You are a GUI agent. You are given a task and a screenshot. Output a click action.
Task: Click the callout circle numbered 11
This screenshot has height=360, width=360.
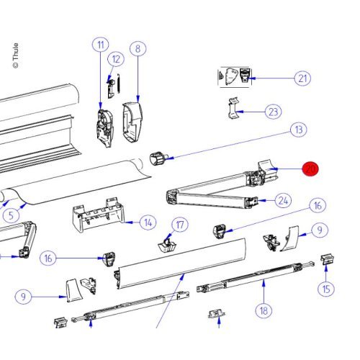point(100,45)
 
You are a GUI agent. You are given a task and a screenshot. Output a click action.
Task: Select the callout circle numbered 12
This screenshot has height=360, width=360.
point(116,58)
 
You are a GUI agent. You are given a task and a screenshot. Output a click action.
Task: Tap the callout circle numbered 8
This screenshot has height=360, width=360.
point(138,49)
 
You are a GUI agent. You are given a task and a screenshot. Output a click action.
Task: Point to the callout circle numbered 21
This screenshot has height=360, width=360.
point(302,78)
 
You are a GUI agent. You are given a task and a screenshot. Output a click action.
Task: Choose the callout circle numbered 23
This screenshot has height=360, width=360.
point(273,112)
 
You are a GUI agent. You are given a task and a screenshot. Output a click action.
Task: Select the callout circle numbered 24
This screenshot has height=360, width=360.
point(284,200)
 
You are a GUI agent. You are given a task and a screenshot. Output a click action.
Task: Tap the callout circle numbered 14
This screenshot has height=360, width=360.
point(147,222)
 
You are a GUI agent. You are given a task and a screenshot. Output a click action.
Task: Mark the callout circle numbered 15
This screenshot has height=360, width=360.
point(328,289)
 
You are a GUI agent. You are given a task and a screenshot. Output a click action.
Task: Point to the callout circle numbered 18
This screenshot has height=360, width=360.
point(264,310)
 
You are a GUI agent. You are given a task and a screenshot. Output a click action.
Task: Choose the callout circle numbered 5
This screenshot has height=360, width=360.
point(9,215)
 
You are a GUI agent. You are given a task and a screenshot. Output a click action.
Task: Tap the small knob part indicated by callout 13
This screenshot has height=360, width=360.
point(158,158)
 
